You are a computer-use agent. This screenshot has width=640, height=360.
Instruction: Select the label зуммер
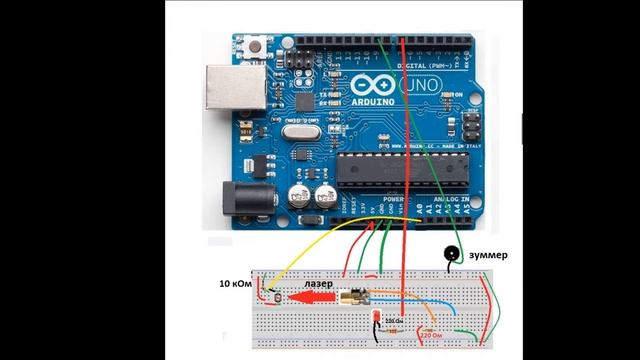tap(487, 255)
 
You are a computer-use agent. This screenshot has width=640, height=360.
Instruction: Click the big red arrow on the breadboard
tap(310, 297)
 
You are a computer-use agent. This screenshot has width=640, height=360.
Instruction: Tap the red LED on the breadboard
tap(376, 319)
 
